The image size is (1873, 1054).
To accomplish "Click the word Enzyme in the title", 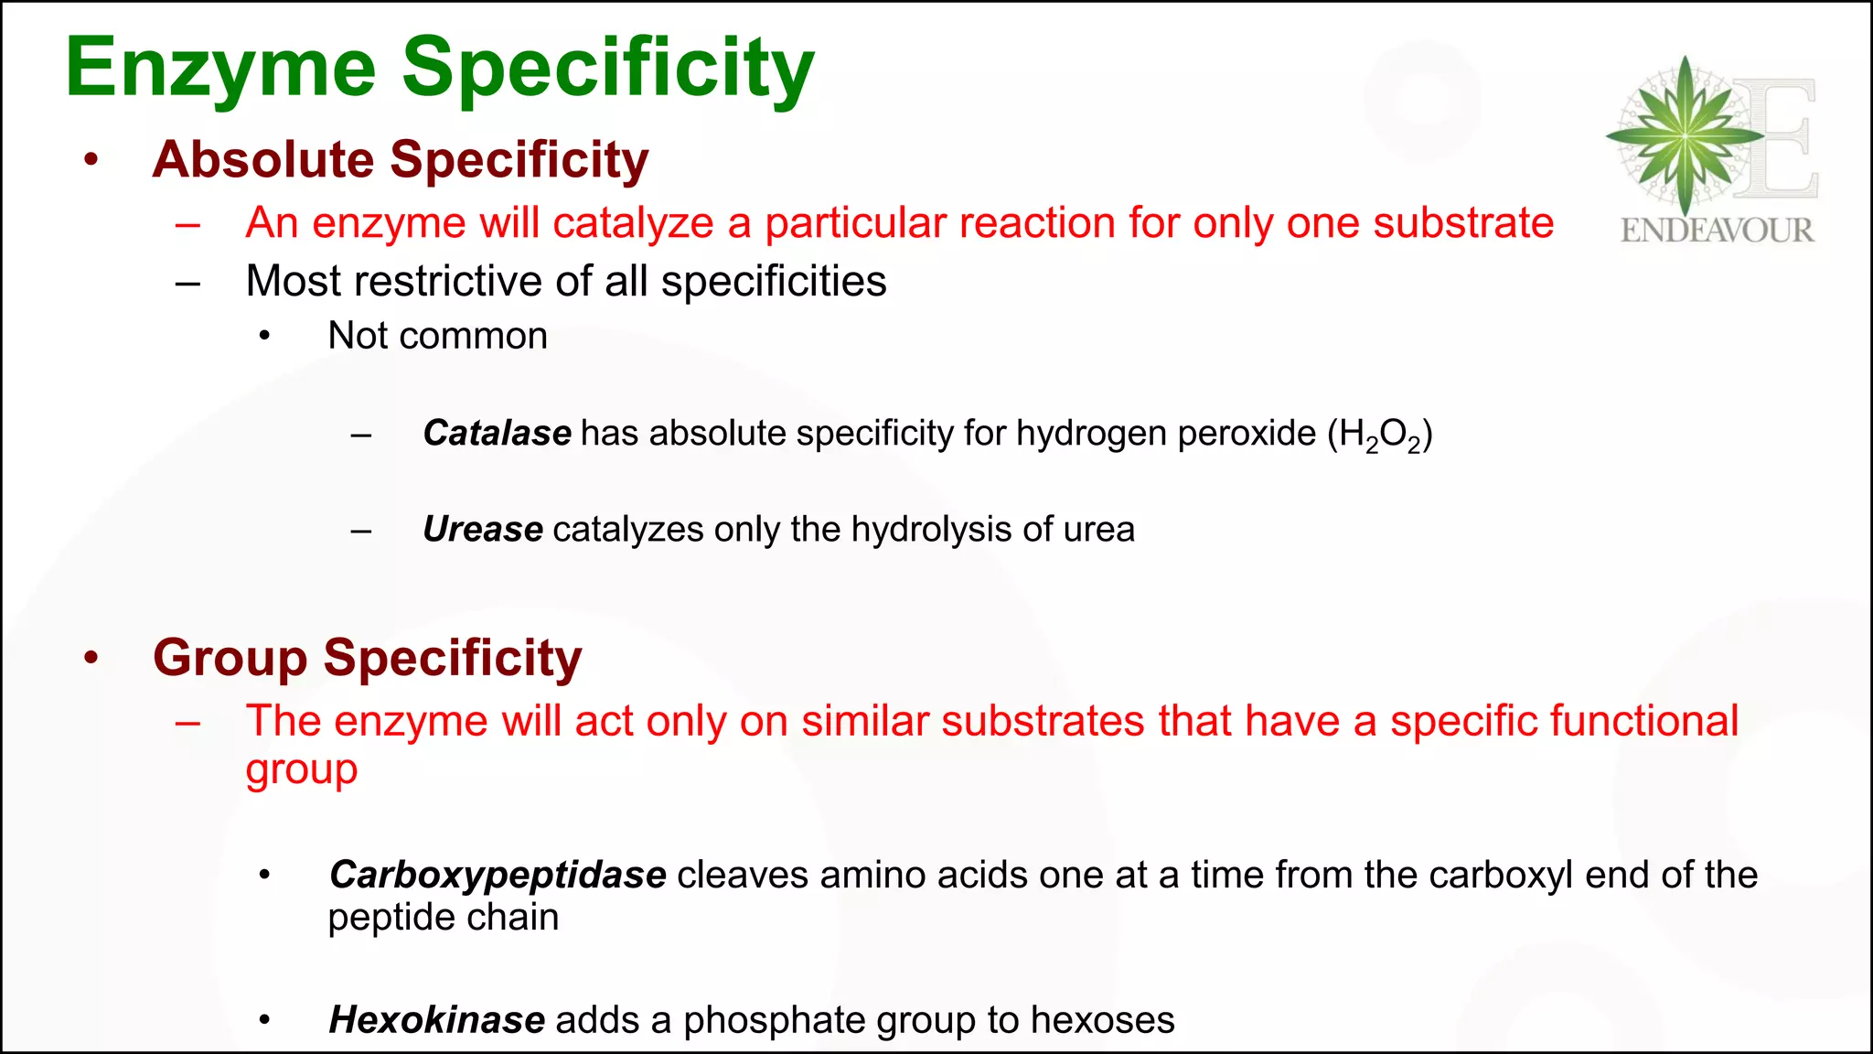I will tap(220, 70).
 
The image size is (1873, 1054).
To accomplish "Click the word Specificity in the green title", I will tap(607, 70).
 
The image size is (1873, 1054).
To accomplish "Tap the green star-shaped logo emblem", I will tap(1685, 135).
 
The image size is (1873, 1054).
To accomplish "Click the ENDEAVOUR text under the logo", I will tap(1717, 230).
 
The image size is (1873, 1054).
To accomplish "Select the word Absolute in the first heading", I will tap(263, 160).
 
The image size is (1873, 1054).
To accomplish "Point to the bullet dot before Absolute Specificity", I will tap(91, 160).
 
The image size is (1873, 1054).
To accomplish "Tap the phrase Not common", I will tap(438, 336).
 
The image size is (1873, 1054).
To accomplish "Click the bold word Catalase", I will tap(497, 433).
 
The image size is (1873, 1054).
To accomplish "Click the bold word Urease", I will tap(483, 530).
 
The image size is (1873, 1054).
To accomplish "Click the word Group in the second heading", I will tap(230, 658).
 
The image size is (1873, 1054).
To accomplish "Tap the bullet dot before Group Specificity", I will tap(91, 658).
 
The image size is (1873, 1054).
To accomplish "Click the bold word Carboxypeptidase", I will tap(498, 876).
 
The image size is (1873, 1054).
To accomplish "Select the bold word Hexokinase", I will tap(437, 1020).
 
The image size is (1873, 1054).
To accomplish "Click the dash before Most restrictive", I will tap(187, 283).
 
